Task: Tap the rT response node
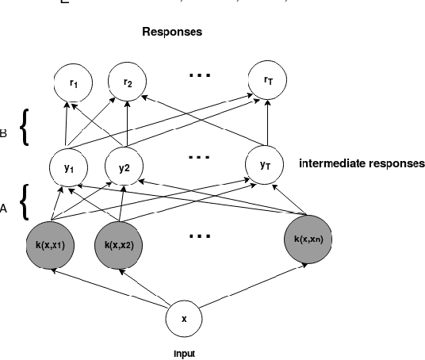[267, 81]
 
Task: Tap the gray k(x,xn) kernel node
[305, 238]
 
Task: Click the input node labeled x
[184, 319]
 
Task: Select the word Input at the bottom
[184, 354]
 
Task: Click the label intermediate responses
[361, 164]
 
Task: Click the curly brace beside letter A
[25, 202]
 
